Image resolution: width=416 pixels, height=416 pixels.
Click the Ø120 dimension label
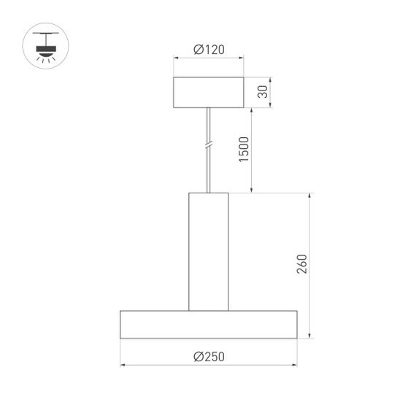pyautogui.click(x=209, y=50)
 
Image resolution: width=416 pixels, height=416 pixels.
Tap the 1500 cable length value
pyautogui.click(x=244, y=150)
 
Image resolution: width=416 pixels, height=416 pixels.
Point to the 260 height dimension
pyautogui.click(x=302, y=264)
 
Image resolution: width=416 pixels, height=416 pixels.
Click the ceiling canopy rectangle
pyautogui.click(x=209, y=92)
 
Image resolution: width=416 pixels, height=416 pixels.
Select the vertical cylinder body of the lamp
pyautogui.click(x=209, y=251)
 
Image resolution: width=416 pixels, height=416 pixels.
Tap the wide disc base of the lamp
pyautogui.click(x=209, y=324)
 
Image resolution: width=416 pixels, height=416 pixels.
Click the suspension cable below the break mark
pyautogui.click(x=209, y=172)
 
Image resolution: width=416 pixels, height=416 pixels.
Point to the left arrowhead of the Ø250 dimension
pyautogui.click(x=123, y=364)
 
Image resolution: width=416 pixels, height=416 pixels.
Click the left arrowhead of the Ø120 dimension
pyautogui.click(x=175, y=59)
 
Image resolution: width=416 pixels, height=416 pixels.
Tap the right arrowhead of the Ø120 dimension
pyautogui.click(x=242, y=59)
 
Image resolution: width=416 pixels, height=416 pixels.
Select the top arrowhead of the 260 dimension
pyautogui.click(x=311, y=196)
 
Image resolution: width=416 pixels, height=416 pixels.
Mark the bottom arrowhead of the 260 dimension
pyautogui.click(x=311, y=336)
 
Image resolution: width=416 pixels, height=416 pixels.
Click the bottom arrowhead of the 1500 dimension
pyautogui.click(x=252, y=190)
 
